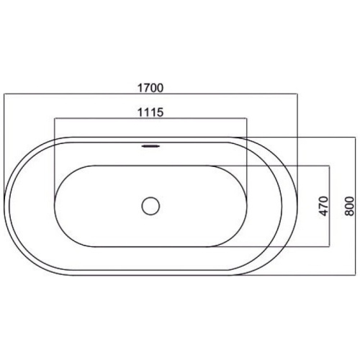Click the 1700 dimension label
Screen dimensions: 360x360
(x=150, y=88)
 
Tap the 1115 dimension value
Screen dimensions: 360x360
(x=150, y=112)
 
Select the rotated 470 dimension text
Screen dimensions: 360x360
(x=324, y=206)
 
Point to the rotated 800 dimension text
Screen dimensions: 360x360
(x=349, y=206)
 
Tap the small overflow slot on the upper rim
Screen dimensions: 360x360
(x=150, y=146)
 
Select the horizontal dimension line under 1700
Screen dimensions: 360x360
(x=150, y=94)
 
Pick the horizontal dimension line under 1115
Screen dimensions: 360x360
(x=150, y=118)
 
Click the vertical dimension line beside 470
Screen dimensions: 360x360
(x=330, y=206)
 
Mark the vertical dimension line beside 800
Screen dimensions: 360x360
(x=355, y=206)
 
